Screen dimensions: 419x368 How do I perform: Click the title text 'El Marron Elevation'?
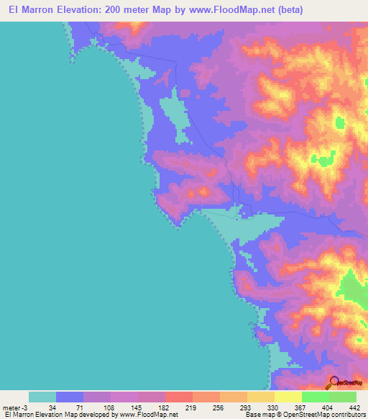click(49, 10)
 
